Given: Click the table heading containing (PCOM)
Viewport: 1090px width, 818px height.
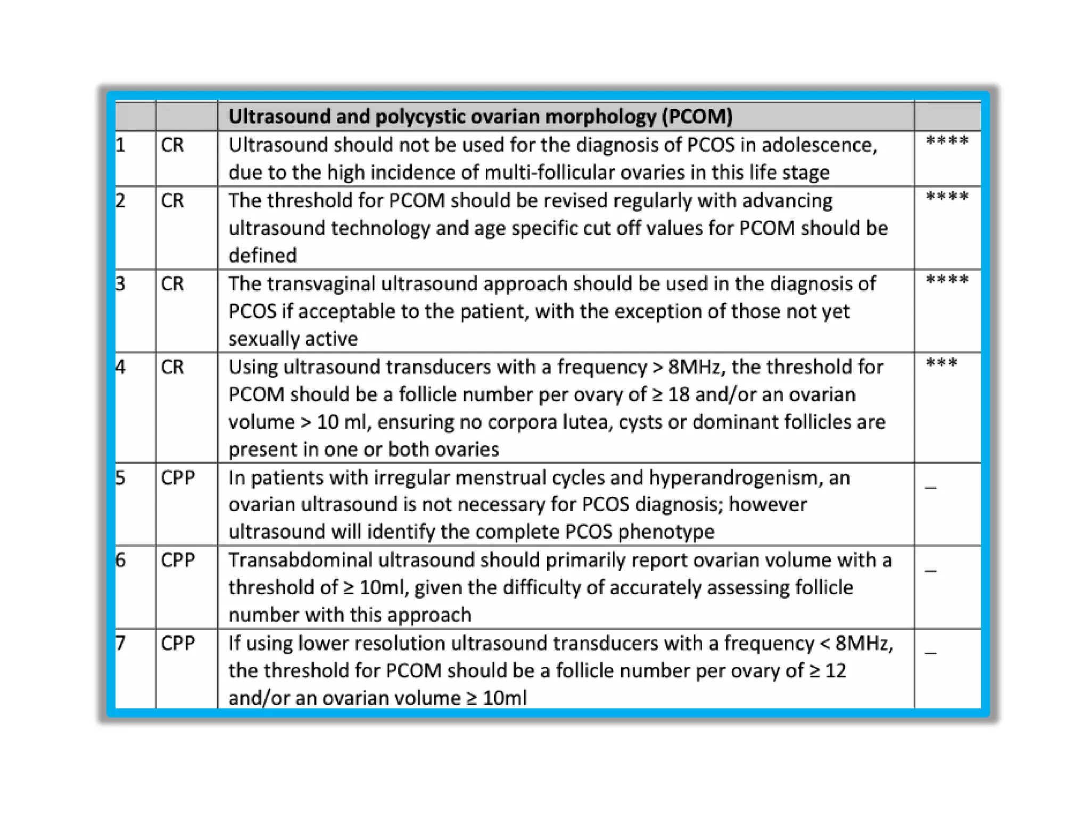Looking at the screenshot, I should click(480, 117).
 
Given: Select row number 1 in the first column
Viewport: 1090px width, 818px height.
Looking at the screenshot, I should click(121, 145).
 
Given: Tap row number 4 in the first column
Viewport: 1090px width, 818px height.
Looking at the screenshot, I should click(121, 367).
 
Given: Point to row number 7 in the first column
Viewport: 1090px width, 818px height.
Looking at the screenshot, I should click(121, 643).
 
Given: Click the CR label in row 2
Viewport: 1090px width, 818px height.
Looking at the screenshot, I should click(172, 201).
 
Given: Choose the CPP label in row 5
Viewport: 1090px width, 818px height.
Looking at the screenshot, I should click(178, 478).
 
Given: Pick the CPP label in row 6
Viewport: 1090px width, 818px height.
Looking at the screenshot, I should click(178, 560).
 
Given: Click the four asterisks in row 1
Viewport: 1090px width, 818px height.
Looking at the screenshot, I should click(947, 142).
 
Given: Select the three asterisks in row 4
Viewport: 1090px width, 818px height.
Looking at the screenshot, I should click(942, 364).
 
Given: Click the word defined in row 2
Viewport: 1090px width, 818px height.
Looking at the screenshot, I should click(262, 256).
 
